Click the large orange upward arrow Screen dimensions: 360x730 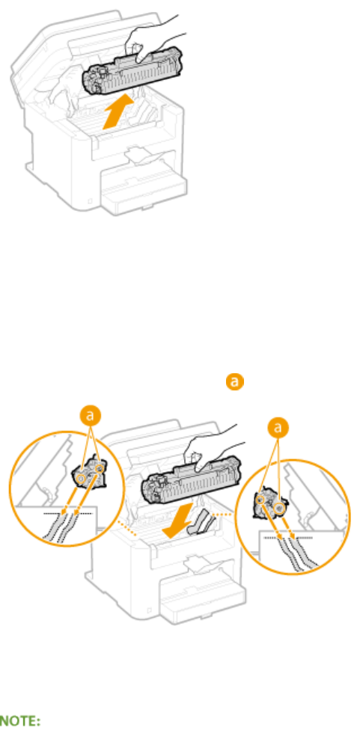(x=119, y=110)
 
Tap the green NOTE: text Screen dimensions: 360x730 (x=19, y=721)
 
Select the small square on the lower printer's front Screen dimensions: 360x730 (x=147, y=610)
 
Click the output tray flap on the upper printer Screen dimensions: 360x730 (x=144, y=156)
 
